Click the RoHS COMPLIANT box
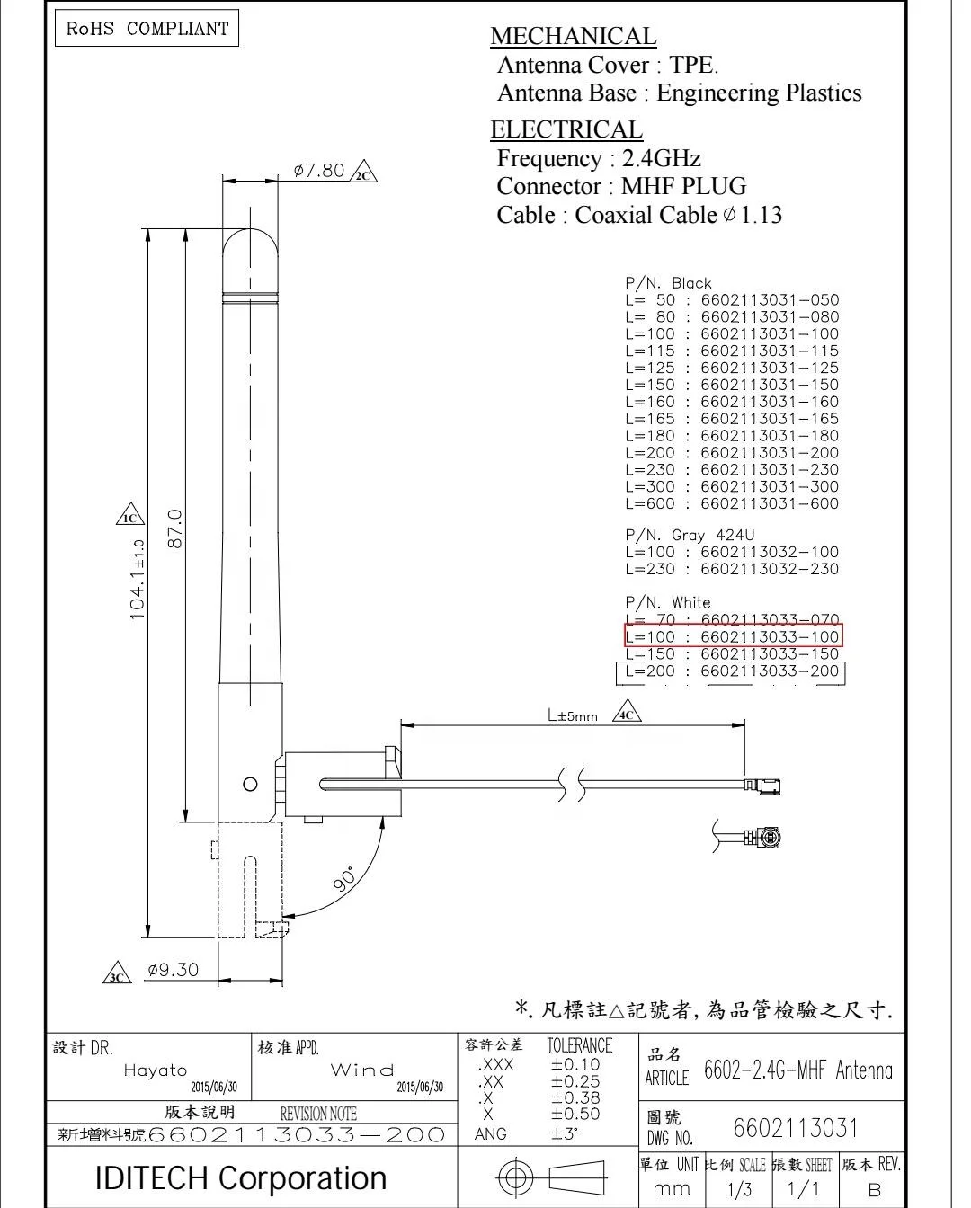(147, 29)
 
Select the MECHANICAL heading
(573, 36)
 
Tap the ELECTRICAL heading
(566, 129)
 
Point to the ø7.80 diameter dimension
(319, 170)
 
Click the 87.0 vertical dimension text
(175, 528)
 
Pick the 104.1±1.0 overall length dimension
(138, 580)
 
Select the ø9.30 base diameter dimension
(173, 970)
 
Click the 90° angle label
(344, 879)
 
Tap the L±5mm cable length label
(573, 716)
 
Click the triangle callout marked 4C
(627, 715)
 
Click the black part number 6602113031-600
(769, 504)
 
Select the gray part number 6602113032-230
(769, 569)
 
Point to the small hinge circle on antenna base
(251, 784)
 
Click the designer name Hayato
(156, 1070)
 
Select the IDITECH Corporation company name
(241, 1177)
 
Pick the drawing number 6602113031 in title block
(796, 1128)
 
